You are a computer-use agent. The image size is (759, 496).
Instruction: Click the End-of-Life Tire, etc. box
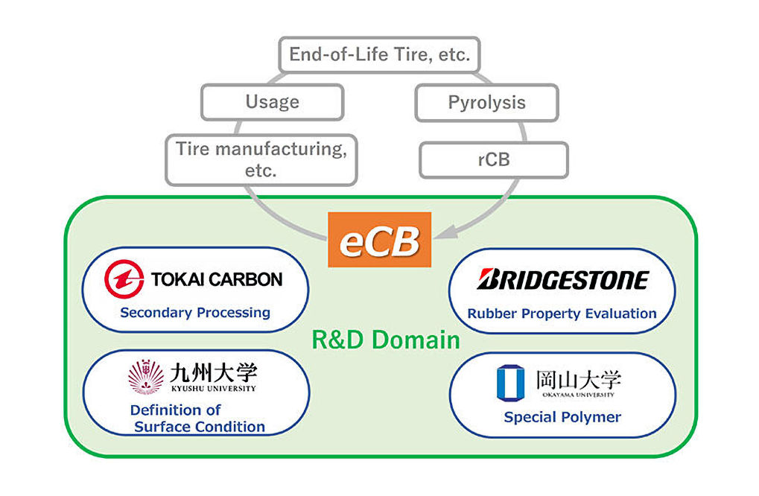coord(379,54)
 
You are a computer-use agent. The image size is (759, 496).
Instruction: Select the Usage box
coord(272,102)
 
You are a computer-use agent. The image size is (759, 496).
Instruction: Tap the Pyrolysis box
coord(486,103)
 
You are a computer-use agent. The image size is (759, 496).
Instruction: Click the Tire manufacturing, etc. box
coord(261,159)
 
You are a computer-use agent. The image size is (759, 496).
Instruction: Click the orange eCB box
coord(379,240)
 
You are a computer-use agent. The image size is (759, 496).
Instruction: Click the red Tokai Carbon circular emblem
coord(124,280)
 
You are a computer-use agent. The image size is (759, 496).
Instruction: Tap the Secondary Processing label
coord(195,313)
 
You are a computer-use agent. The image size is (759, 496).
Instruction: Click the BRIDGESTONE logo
coord(562,280)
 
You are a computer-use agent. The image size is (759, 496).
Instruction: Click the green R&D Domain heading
coord(385,340)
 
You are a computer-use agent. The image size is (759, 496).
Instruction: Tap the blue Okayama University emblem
coord(510,382)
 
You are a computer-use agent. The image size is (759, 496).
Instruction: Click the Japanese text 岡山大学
coord(578,379)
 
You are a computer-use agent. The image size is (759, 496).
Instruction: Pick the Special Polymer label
coord(562,417)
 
